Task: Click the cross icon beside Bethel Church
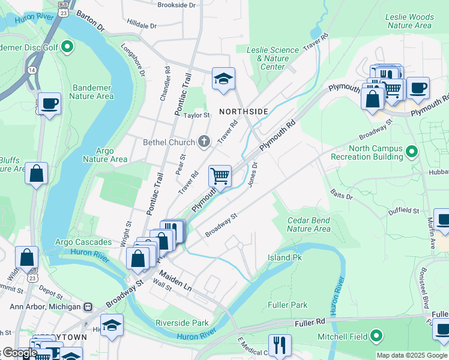(x=204, y=142)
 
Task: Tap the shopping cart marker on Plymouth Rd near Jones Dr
(x=220, y=176)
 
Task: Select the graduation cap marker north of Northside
(x=223, y=79)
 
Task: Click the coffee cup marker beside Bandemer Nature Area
(x=49, y=104)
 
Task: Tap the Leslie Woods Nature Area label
(x=410, y=21)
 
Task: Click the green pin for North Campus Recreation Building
(x=411, y=152)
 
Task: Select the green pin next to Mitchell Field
(x=376, y=335)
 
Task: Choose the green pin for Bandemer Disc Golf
(x=67, y=46)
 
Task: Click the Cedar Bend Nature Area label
(x=309, y=224)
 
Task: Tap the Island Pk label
(x=285, y=257)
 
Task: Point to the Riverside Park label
(x=182, y=322)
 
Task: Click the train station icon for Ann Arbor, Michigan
(x=88, y=307)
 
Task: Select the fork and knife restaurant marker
(x=279, y=345)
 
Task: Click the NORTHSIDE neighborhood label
(x=243, y=112)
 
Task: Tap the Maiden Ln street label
(x=175, y=280)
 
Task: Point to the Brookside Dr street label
(x=176, y=5)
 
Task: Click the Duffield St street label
(x=403, y=211)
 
